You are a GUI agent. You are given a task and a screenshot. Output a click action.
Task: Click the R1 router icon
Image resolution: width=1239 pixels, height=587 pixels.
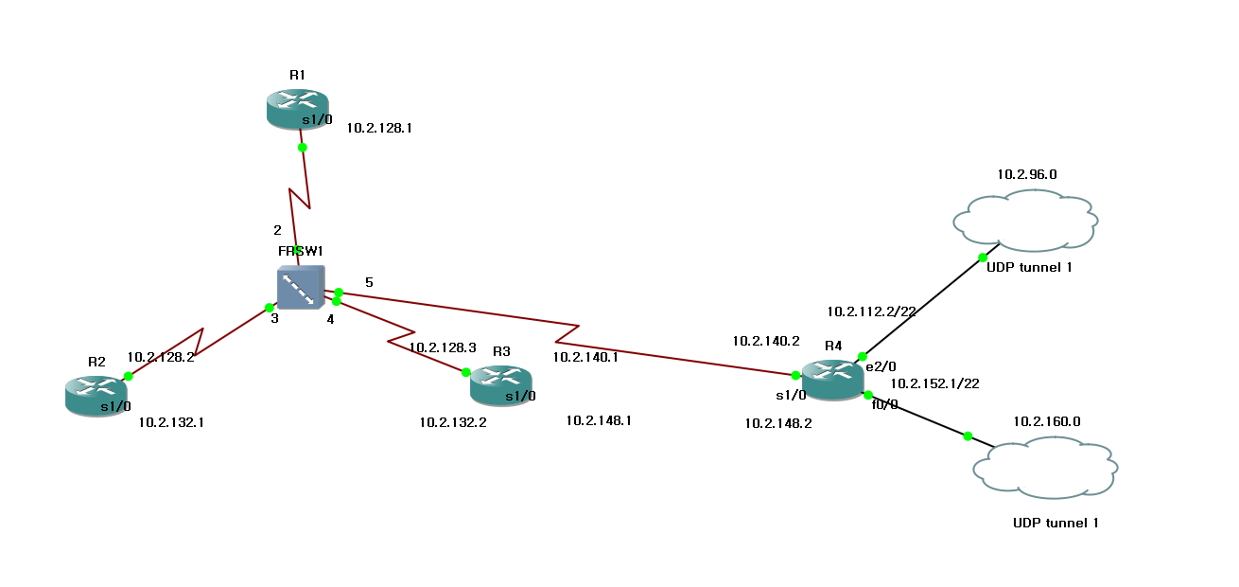tap(297, 108)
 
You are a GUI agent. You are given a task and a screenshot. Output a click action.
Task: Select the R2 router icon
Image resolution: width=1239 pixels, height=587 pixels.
tap(96, 393)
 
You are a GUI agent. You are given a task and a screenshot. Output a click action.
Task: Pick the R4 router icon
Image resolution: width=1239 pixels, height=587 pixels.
tap(832, 380)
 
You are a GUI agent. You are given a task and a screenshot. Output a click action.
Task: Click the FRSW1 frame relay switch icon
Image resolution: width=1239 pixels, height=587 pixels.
tap(300, 288)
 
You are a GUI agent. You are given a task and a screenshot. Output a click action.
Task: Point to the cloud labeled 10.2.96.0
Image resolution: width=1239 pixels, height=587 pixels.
tap(1025, 221)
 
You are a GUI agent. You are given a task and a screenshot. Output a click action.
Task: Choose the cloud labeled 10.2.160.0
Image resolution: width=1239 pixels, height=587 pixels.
tap(1046, 467)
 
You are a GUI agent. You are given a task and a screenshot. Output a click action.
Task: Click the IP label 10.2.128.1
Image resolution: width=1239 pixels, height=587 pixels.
tap(379, 127)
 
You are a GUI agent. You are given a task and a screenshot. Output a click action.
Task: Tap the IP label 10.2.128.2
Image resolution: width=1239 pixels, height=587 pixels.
tap(160, 358)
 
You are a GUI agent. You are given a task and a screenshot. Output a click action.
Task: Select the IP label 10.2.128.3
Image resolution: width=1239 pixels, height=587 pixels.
tap(443, 347)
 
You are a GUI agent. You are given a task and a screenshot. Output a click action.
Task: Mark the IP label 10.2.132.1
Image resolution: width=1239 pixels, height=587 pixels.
tap(171, 423)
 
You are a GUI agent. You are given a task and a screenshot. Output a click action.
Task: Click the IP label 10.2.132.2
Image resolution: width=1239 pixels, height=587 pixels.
tap(453, 422)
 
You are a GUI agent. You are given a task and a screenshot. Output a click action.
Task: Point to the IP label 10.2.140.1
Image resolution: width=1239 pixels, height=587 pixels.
tap(585, 357)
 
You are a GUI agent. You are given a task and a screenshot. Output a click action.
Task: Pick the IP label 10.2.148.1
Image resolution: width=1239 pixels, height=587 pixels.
tap(599, 420)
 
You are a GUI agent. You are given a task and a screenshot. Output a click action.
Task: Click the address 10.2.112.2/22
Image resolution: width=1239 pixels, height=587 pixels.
tap(871, 311)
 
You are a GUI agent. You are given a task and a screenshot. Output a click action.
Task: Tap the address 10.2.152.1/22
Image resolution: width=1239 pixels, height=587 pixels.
tap(934, 383)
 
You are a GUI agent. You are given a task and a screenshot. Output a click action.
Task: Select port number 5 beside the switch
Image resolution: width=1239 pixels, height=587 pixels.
tap(369, 282)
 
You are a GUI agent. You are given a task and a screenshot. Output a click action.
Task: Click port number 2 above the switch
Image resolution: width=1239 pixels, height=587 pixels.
tap(277, 230)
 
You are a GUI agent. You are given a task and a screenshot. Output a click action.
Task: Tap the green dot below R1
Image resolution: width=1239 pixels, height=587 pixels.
tap(302, 148)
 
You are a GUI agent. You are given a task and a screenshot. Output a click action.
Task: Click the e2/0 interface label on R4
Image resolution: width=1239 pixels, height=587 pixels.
tap(881, 366)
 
